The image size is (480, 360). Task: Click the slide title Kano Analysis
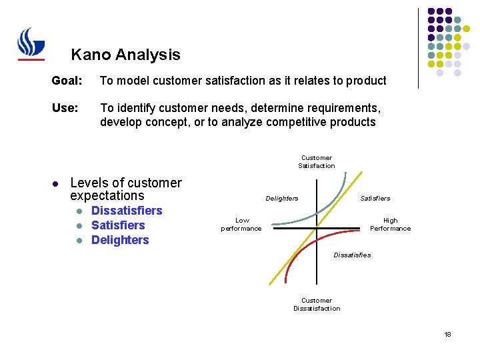pyautogui.click(x=125, y=55)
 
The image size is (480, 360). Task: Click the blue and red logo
pyautogui.click(x=31, y=44)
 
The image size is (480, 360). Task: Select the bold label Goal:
pyautogui.click(x=67, y=81)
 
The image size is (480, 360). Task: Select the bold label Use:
pyautogui.click(x=65, y=108)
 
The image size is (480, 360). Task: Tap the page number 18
pyautogui.click(x=447, y=334)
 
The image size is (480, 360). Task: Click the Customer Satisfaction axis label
pyautogui.click(x=316, y=162)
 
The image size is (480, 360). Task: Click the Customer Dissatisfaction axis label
pyautogui.click(x=316, y=305)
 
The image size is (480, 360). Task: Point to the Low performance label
pyautogui.click(x=241, y=225)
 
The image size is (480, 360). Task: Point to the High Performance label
pyautogui.click(x=390, y=225)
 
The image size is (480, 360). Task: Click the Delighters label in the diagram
pyautogui.click(x=282, y=198)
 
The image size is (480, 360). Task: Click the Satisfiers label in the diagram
pyautogui.click(x=375, y=198)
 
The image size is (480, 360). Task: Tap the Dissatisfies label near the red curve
pyautogui.click(x=352, y=255)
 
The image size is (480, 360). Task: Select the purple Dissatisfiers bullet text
pyautogui.click(x=127, y=211)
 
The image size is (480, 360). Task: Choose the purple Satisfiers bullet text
pyautogui.click(x=118, y=225)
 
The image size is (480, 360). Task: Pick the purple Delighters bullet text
pyautogui.click(x=120, y=240)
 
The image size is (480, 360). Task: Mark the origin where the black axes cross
pyautogui.click(x=316, y=228)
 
